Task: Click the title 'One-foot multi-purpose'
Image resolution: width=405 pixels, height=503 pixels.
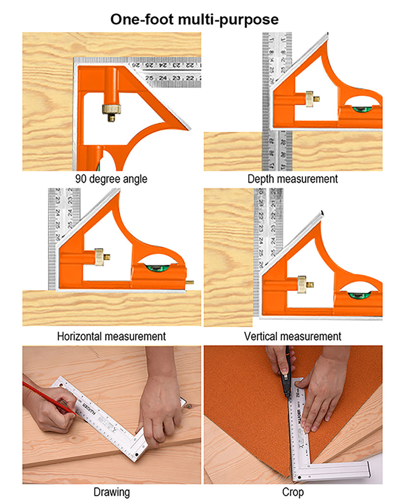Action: [x=194, y=19]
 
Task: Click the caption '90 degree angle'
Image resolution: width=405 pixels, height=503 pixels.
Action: [x=111, y=179]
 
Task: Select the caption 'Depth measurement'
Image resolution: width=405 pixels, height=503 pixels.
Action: [x=293, y=179]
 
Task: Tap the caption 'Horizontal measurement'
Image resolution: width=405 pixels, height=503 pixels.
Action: [x=111, y=336]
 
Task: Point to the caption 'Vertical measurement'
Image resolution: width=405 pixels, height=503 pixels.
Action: [x=293, y=336]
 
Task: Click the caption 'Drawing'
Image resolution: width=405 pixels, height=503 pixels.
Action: [x=111, y=492]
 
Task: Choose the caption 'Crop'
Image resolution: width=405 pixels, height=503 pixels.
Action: [x=293, y=492]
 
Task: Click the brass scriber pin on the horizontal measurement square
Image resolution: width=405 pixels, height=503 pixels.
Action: [x=190, y=282]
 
